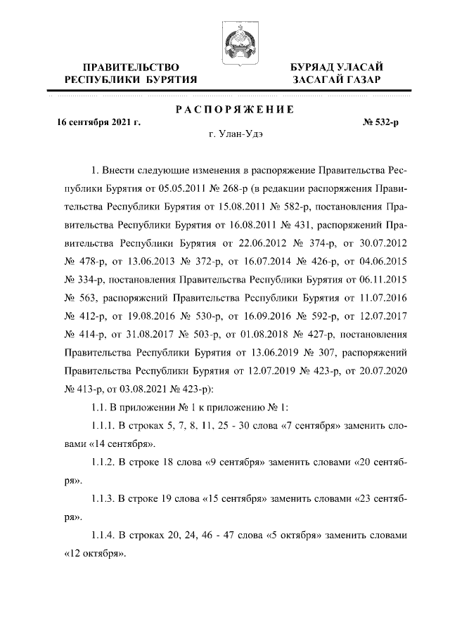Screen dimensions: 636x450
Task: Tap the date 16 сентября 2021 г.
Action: click(99, 122)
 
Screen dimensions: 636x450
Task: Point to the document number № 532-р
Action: click(380, 122)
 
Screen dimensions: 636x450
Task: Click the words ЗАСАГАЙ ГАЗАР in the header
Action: click(338, 79)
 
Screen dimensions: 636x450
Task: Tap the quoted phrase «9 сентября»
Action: click(232, 464)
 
